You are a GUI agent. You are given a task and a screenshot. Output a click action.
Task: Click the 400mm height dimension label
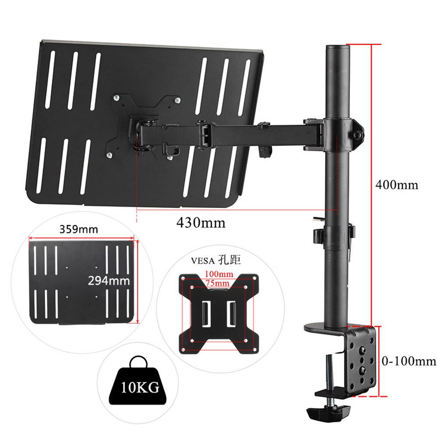[397, 185]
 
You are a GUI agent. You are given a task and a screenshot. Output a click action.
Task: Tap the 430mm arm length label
[201, 223]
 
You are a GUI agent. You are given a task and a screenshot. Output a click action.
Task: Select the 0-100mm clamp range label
[409, 361]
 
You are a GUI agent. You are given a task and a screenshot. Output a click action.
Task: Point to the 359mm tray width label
[79, 230]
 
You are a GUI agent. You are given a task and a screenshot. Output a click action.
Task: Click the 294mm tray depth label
[109, 280]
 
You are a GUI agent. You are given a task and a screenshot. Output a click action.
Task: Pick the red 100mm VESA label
[219, 274]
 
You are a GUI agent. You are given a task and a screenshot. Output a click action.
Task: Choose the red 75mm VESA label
[218, 283]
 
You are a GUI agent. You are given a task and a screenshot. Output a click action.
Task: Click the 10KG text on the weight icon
[140, 388]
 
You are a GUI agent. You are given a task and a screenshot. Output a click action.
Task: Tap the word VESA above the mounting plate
[203, 261]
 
